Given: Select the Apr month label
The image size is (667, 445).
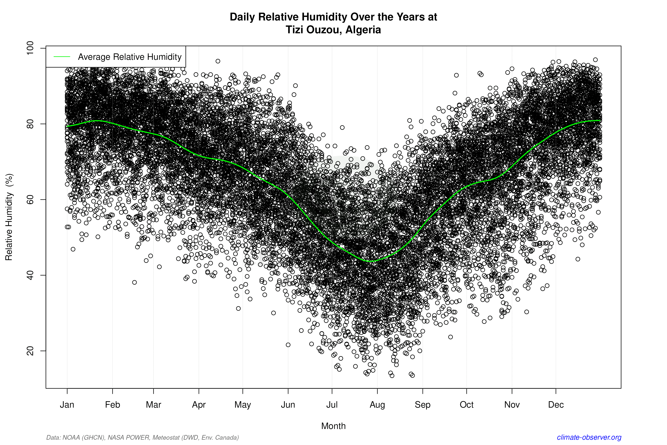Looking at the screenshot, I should coord(199,405).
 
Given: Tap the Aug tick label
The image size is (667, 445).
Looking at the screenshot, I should coord(377,405).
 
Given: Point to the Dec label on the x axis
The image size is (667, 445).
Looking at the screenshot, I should coord(556,405).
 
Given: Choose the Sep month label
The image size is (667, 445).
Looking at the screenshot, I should coord(423,405).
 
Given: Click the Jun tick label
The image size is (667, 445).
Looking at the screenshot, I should coord(288,405).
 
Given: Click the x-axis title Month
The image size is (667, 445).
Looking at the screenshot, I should coord(333,426).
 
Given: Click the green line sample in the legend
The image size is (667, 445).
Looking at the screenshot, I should coord(62,57).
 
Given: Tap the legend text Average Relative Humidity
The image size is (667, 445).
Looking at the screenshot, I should coord(130,57).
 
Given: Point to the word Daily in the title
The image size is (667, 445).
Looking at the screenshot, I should coord(242,17).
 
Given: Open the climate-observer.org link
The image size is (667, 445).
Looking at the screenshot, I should coord(589,437).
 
